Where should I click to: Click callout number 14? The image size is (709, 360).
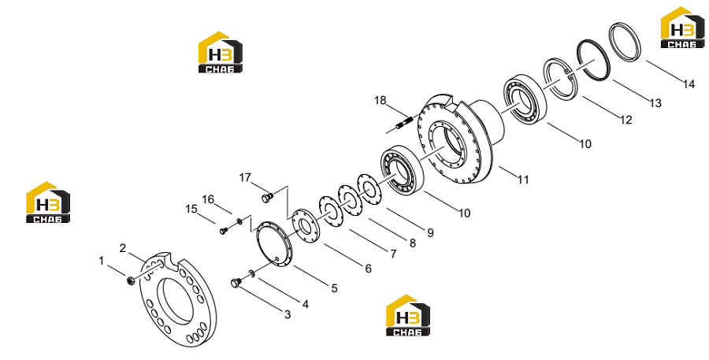pyautogui.click(x=689, y=84)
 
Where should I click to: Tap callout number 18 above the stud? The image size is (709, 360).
pyautogui.click(x=380, y=100)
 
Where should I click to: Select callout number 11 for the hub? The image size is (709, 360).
pyautogui.click(x=523, y=180)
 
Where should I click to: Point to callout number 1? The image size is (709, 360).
pyautogui.click(x=102, y=261)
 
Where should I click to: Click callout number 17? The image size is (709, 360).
pyautogui.click(x=245, y=178)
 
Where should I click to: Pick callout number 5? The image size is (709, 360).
pyautogui.click(x=334, y=288)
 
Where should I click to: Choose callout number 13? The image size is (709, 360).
pyautogui.click(x=655, y=103)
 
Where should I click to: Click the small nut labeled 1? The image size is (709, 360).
pyautogui.click(x=130, y=281)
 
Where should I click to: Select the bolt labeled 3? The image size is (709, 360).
pyautogui.click(x=235, y=283)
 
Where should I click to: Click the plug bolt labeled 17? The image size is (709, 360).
pyautogui.click(x=267, y=198)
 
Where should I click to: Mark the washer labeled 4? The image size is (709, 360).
pyautogui.click(x=251, y=273)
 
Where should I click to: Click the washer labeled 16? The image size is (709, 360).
pyautogui.click(x=239, y=221)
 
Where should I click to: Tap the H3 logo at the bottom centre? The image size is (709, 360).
pyautogui.click(x=408, y=316)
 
